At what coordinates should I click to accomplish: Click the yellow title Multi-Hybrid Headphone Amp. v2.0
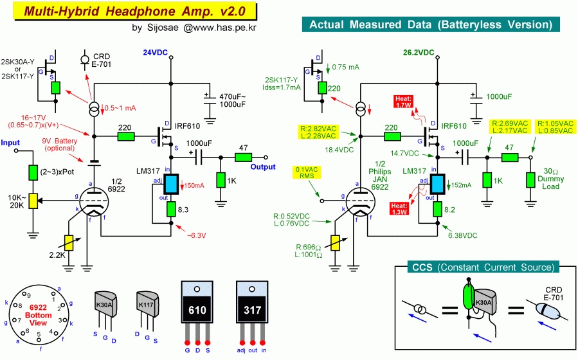click(135, 11)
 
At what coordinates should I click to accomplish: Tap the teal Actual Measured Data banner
click(431, 24)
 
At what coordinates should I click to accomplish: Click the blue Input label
click(10, 143)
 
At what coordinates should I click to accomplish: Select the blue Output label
click(263, 167)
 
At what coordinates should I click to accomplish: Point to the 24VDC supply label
click(155, 53)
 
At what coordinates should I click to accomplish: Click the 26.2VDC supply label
click(419, 53)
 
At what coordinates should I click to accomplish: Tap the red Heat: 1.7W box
click(404, 102)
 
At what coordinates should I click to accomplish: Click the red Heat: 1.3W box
click(399, 208)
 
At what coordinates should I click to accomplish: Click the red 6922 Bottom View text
click(39, 315)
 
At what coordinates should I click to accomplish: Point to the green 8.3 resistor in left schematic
click(171, 210)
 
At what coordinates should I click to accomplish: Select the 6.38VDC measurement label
click(463, 236)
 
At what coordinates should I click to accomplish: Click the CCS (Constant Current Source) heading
click(483, 267)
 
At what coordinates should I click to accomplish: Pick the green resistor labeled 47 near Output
click(244, 157)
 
